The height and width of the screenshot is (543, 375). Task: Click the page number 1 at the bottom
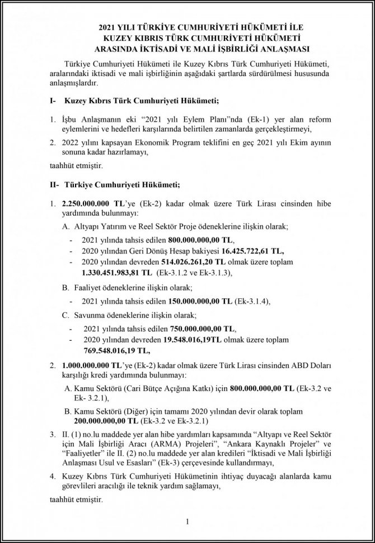coord(188,522)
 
